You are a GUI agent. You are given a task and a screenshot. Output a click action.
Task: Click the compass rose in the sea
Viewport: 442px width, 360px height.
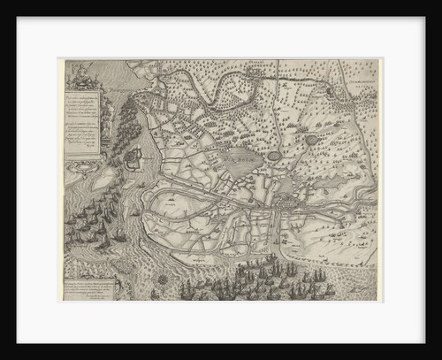click(163, 279)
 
